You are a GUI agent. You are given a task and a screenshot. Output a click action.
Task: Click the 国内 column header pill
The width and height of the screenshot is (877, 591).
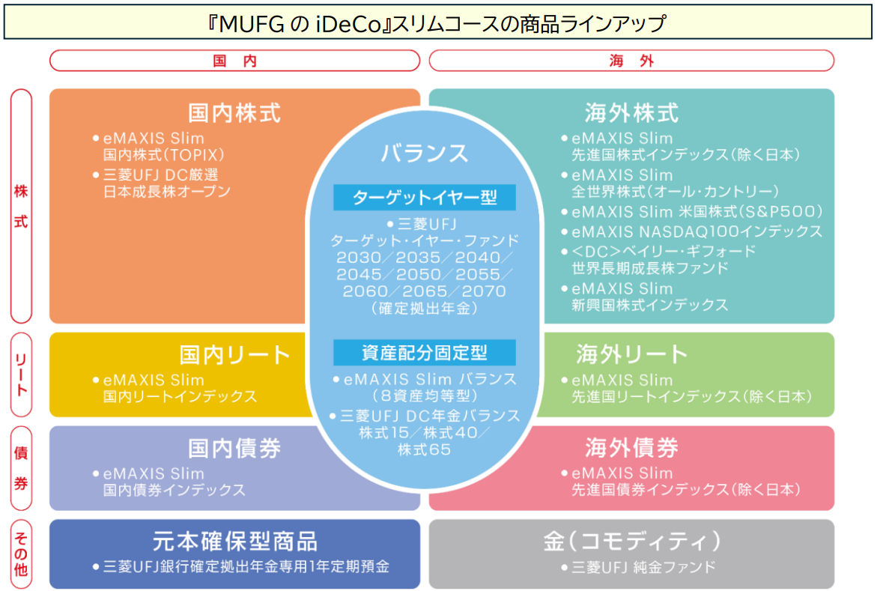click(x=234, y=61)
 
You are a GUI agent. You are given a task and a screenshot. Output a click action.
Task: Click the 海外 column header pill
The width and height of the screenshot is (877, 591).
click(x=631, y=61)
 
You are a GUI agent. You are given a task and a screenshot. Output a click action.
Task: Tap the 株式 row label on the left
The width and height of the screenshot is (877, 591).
click(x=21, y=206)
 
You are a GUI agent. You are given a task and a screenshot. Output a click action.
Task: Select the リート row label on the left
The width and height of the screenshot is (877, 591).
click(x=21, y=375)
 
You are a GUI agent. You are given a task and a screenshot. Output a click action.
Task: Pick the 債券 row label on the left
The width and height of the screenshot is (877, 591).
click(x=21, y=468)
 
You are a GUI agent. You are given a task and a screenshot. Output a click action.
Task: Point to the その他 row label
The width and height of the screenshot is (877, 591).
click(x=21, y=554)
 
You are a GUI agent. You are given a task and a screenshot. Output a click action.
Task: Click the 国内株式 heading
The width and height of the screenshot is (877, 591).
click(x=234, y=113)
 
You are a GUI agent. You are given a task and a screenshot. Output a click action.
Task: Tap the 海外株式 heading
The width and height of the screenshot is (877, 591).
click(x=631, y=113)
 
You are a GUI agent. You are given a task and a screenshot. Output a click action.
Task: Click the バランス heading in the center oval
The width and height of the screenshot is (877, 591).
click(x=425, y=153)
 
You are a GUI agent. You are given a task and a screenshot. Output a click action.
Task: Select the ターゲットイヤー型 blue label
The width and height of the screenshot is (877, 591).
click(x=425, y=198)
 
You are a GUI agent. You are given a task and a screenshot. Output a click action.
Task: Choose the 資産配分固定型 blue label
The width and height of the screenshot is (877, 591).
click(x=425, y=352)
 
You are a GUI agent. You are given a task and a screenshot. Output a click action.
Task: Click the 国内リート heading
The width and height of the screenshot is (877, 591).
click(x=234, y=354)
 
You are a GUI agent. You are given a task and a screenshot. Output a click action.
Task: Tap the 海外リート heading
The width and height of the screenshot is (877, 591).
click(x=631, y=354)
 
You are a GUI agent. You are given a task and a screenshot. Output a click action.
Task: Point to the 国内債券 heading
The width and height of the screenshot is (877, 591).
click(x=234, y=448)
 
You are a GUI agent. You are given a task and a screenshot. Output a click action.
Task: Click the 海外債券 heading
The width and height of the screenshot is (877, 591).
click(x=631, y=448)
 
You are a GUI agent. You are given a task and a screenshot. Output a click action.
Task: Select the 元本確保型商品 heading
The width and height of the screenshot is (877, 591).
click(x=234, y=541)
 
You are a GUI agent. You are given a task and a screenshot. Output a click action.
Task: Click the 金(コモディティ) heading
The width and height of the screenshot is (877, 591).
click(x=631, y=541)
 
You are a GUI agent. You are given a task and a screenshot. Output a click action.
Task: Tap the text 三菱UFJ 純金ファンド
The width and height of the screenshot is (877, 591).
click(x=642, y=567)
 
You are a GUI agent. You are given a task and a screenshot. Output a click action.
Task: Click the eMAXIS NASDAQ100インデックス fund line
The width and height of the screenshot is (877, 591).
click(x=697, y=231)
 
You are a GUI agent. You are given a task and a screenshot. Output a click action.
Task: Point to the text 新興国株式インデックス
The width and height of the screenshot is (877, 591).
click(x=649, y=305)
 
